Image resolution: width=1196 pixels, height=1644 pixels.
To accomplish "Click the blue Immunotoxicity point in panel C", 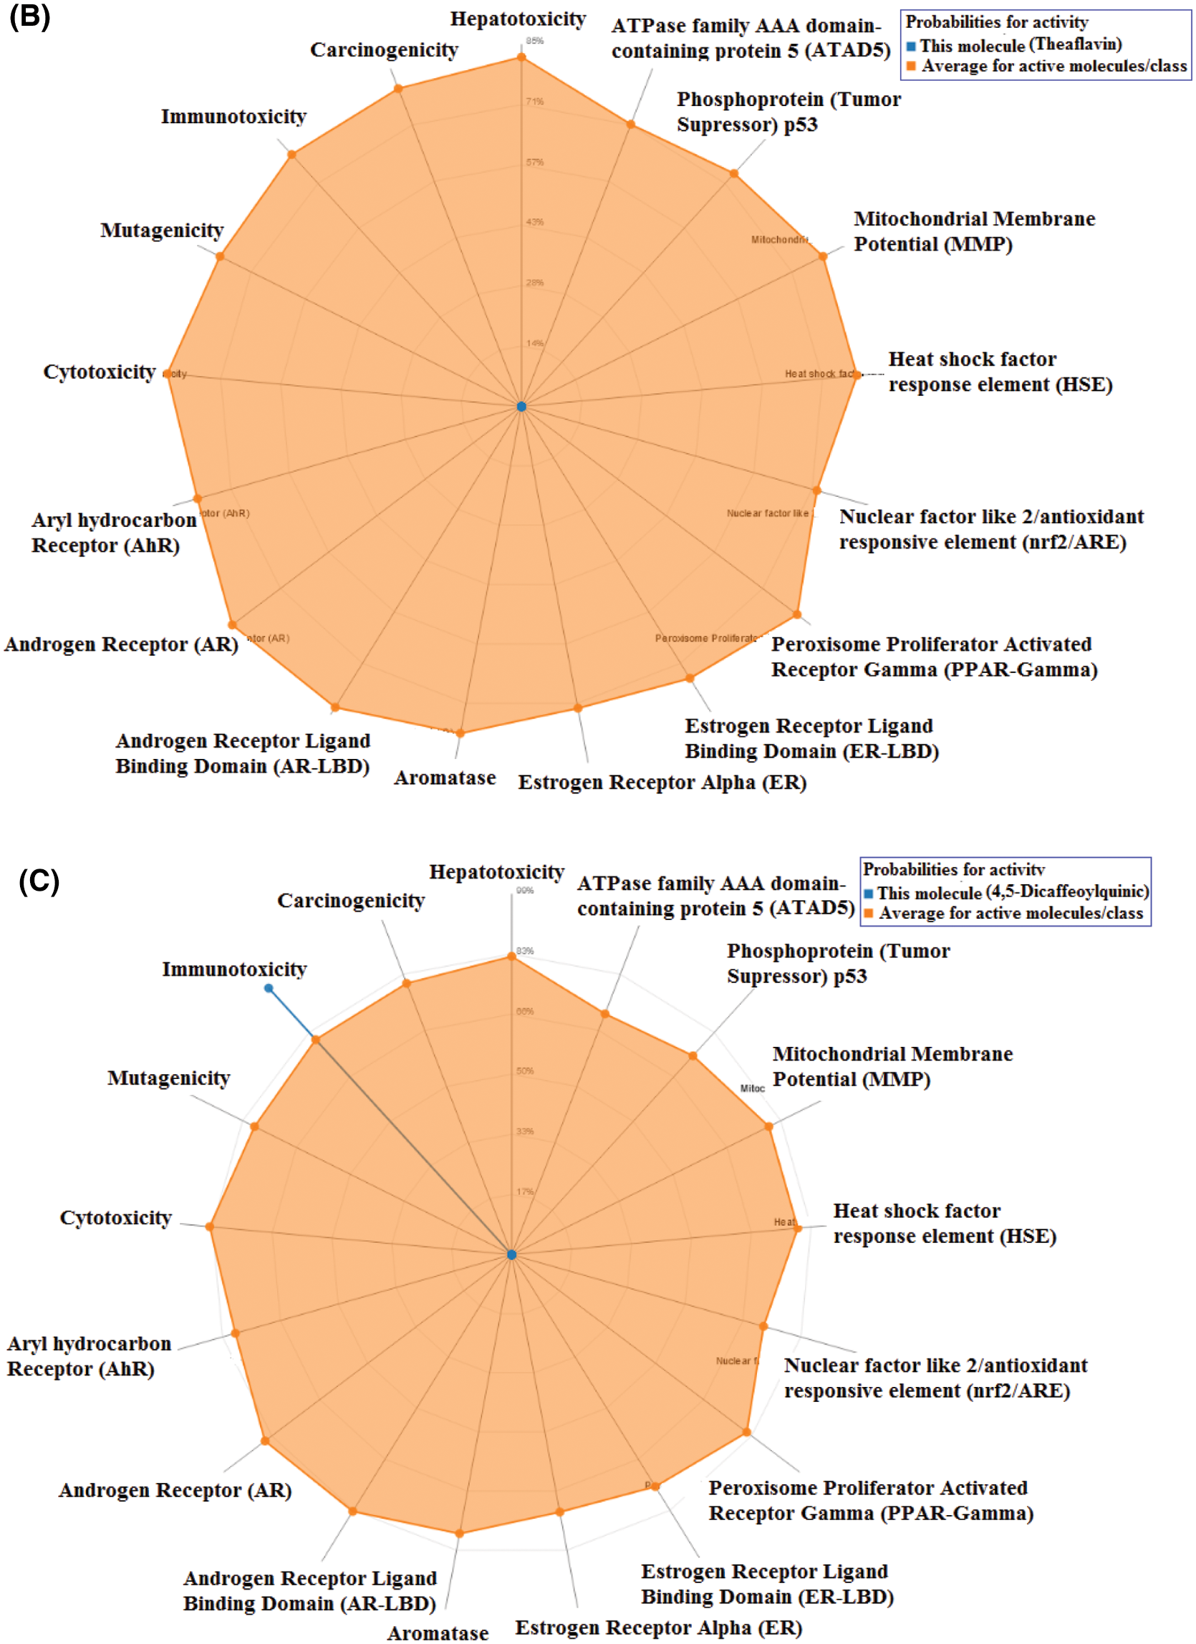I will [x=269, y=989].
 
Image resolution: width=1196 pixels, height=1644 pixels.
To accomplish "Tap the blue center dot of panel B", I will [x=521, y=407].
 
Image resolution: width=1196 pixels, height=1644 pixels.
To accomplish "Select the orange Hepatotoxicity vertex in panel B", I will [x=521, y=57].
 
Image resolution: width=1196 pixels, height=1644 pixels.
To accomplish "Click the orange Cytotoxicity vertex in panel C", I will [x=210, y=1227].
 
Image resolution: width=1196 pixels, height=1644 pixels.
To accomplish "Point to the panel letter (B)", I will [x=29, y=16].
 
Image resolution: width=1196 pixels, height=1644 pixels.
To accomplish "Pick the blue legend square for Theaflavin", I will [x=911, y=47].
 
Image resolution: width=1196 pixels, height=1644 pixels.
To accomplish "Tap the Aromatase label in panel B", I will [x=445, y=778].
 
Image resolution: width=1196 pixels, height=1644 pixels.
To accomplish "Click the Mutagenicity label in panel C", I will [x=169, y=1078].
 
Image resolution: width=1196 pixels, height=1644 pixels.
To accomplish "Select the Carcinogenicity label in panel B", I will [x=384, y=49].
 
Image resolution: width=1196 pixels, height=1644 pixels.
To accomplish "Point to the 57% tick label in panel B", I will [x=535, y=162].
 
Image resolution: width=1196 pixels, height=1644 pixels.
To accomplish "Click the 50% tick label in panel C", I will [x=525, y=1070].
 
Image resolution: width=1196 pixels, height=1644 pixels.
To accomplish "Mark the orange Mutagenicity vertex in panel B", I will [x=221, y=256].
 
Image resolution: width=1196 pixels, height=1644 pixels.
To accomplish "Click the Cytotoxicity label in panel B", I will [x=100, y=372].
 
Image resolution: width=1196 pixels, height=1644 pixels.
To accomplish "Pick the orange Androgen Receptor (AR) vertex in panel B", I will [x=233, y=625].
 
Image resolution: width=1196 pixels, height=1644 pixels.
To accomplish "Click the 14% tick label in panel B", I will [x=535, y=343].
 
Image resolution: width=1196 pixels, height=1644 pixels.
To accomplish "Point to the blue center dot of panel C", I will [x=512, y=1254].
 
